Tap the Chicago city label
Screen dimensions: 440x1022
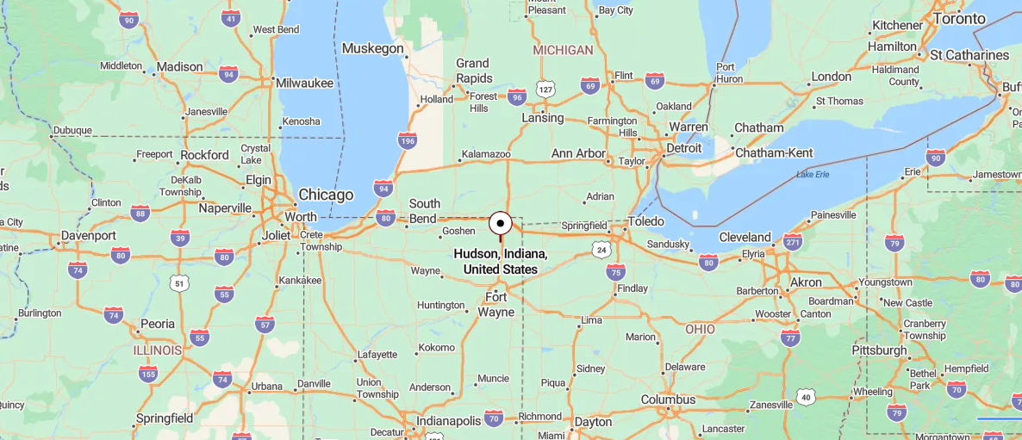[x=326, y=195]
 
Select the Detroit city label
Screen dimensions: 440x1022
[x=683, y=148]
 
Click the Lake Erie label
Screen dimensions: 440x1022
[x=813, y=175]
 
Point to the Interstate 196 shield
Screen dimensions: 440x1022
[x=408, y=139]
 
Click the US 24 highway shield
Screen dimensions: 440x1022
[x=601, y=249]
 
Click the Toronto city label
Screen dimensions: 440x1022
[x=959, y=19]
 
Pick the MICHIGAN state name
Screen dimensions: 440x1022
[x=563, y=50]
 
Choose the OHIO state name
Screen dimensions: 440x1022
[x=700, y=329]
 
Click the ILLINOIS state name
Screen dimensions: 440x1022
[x=158, y=350]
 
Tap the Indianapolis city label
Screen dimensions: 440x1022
[x=449, y=421]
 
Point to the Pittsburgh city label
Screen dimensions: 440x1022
[x=879, y=350]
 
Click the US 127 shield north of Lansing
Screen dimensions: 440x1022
[x=545, y=89]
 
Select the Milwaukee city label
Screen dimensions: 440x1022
[x=304, y=84]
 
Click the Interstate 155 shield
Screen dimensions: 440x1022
[x=148, y=373]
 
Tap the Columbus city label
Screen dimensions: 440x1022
[x=668, y=400]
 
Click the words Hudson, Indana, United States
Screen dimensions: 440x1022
[x=500, y=262]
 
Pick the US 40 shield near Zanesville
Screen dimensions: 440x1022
[x=805, y=396]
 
